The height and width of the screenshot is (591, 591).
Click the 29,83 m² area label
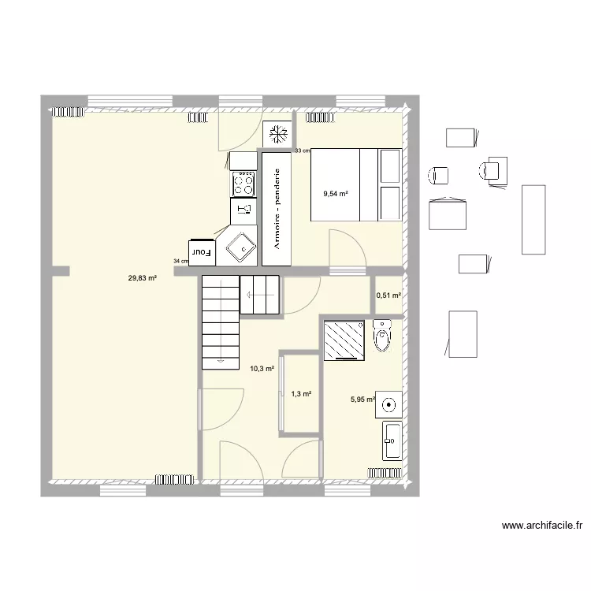143,278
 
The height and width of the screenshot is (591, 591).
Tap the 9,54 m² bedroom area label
336,194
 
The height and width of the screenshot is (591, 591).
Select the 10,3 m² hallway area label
262,369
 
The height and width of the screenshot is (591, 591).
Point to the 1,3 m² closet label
301,394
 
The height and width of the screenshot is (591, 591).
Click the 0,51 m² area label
388,295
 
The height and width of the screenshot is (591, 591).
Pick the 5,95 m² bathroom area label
362,400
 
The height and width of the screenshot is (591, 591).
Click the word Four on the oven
201,252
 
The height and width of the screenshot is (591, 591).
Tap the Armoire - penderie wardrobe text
277,209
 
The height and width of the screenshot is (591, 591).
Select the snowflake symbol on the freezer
278,134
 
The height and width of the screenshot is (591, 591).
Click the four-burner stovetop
243,184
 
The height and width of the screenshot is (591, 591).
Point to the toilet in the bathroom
382,336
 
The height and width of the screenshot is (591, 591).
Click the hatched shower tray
344,340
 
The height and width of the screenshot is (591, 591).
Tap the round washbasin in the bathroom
388,405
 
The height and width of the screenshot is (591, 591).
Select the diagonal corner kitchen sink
241,248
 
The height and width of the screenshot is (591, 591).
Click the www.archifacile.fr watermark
542,525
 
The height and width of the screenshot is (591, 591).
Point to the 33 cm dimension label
303,151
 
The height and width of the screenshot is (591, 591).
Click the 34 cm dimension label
181,261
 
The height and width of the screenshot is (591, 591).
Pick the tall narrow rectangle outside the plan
533,220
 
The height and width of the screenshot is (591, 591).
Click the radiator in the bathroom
385,473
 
